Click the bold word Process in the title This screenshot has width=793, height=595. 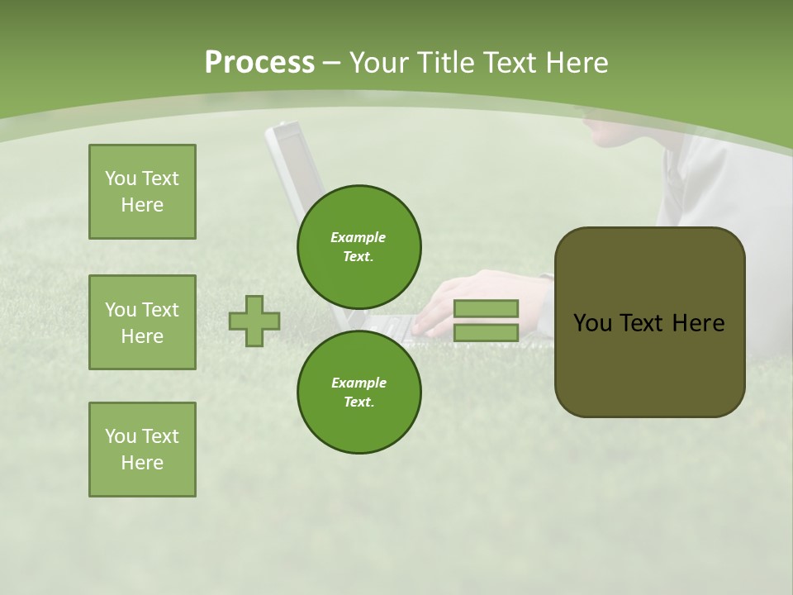click(259, 63)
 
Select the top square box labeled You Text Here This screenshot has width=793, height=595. click(142, 192)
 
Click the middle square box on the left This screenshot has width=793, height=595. click(142, 322)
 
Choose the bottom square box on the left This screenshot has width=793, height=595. click(142, 450)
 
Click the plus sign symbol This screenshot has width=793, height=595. click(254, 321)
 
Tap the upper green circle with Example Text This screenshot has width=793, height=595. click(359, 246)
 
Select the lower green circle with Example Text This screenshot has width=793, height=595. click(359, 392)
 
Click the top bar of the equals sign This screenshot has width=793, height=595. click(486, 308)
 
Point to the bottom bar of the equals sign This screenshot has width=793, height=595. click(486, 332)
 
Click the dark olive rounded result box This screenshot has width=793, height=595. click(649, 322)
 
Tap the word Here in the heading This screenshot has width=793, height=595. click(576, 63)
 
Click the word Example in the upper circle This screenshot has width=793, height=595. click(358, 237)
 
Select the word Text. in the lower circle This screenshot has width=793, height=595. click(359, 402)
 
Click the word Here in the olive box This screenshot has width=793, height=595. click(698, 323)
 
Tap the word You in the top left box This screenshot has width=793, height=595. click(120, 178)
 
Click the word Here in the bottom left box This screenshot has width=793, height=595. click(142, 463)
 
